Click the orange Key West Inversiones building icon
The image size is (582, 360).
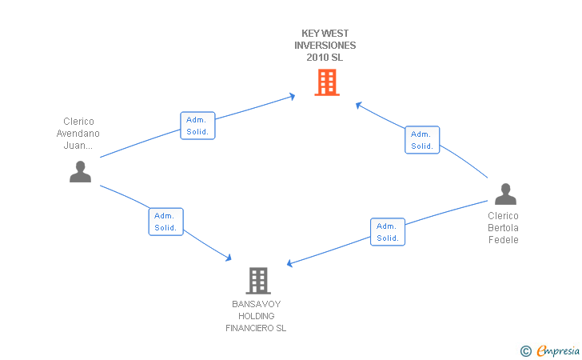coord(327,82)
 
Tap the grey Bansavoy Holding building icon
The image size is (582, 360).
coord(258,281)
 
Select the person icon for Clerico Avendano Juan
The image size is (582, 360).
coord(80,172)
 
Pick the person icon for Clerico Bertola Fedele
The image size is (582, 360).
coord(505,194)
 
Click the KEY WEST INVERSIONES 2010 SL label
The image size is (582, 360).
coord(325,46)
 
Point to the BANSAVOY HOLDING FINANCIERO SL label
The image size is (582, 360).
coord(256,316)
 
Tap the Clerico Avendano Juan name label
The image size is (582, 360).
coord(78,134)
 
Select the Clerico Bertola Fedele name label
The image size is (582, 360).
coord(503,228)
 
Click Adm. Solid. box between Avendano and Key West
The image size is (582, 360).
coord(197,126)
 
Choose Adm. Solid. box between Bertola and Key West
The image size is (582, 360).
coord(422,140)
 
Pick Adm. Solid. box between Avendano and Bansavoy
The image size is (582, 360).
coord(166,222)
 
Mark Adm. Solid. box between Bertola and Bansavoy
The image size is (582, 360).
coord(388,232)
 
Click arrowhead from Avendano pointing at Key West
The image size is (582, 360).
coord(292,97)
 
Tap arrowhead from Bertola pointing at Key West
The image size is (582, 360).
coord(358,106)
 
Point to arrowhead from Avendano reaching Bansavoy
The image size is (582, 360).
coord(229,258)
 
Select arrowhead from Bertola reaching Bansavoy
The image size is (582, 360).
coord(290,263)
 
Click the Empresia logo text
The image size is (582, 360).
coord(558,350)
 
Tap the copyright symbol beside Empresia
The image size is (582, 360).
coord(525,351)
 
